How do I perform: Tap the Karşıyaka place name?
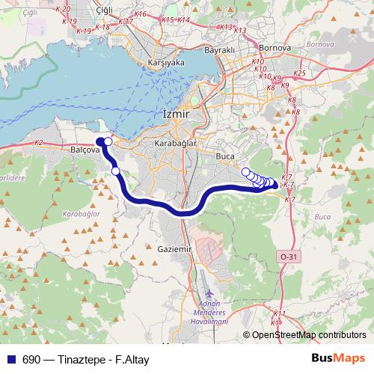[166, 63]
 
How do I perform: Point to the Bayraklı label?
[219, 50]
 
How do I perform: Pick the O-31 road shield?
[289, 257]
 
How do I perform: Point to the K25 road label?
[301, 73]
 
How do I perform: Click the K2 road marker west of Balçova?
[39, 141]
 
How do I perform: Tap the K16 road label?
[141, 14]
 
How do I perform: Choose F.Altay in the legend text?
[132, 360]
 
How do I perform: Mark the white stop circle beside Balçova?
[108, 141]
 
